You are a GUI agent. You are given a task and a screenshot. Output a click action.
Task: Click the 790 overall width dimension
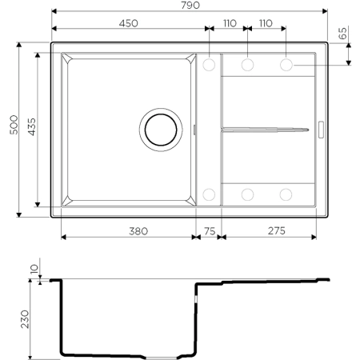(x=190, y=6)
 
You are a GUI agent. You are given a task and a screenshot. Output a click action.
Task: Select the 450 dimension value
(x=129, y=24)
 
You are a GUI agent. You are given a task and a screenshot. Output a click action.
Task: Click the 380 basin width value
(x=128, y=231)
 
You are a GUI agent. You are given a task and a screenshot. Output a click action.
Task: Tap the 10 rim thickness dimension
(x=34, y=271)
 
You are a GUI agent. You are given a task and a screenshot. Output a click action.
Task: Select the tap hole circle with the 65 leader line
(x=286, y=63)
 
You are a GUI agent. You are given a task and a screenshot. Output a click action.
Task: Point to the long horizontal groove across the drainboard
(x=264, y=128)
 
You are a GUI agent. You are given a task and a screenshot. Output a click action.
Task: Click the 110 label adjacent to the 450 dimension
(x=229, y=24)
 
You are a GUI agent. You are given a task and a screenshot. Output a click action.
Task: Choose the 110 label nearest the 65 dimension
(x=267, y=24)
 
